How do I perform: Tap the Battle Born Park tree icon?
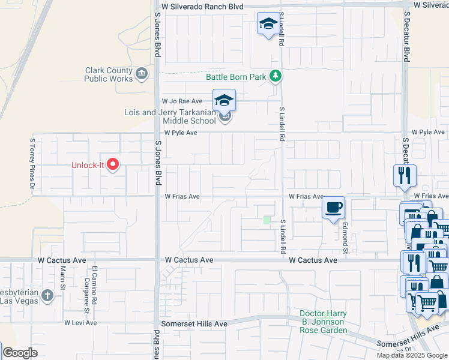click(x=276, y=76)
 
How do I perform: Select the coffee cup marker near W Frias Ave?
click(x=333, y=208)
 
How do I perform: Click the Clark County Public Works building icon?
click(x=142, y=74)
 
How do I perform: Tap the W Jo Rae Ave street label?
click(x=182, y=102)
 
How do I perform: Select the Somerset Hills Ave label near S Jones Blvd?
click(x=196, y=323)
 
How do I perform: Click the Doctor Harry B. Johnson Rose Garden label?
click(x=324, y=322)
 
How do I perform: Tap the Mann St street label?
click(x=62, y=281)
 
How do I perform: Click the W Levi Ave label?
click(x=80, y=323)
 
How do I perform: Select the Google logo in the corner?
click(x=20, y=353)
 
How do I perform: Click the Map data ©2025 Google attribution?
click(x=412, y=355)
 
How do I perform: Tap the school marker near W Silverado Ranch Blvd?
click(x=268, y=24)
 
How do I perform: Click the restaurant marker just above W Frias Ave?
click(x=405, y=176)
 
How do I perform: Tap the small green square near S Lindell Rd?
click(x=267, y=220)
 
